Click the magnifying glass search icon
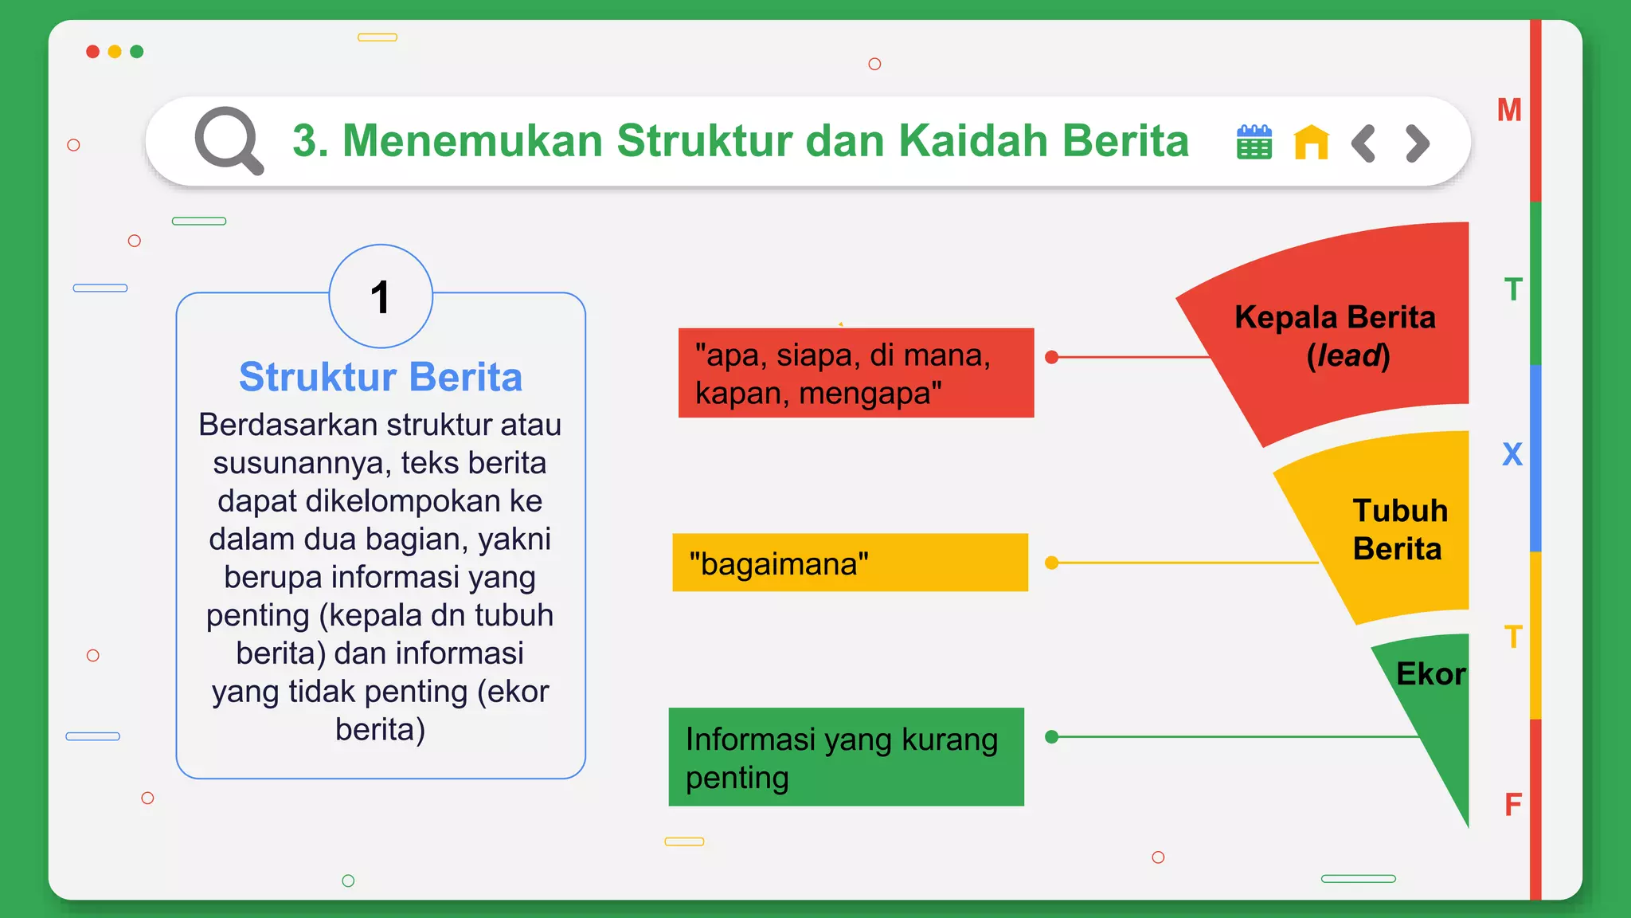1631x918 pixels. tap(228, 141)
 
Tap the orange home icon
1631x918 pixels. tap(1311, 143)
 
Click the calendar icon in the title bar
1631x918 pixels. tap(1254, 143)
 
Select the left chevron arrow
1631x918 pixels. tap(1363, 143)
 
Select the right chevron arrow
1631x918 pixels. tap(1418, 143)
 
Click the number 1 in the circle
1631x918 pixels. tap(381, 297)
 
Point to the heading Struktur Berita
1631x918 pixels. tap(381, 377)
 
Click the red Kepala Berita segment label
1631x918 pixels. tap(1336, 335)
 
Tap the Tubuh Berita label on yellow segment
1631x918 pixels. tap(1398, 530)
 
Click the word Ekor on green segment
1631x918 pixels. tap(1430, 674)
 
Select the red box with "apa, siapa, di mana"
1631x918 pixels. tap(855, 373)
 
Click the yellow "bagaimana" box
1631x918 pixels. tap(849, 563)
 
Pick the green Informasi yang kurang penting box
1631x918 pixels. tap(846, 757)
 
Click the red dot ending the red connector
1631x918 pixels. tap(1051, 357)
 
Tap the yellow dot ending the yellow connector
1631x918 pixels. tap(1051, 563)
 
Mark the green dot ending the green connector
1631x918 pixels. tap(1051, 737)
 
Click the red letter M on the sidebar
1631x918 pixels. tap(1509, 110)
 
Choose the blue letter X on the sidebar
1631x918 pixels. tap(1512, 454)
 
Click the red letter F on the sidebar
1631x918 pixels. tap(1513, 805)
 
